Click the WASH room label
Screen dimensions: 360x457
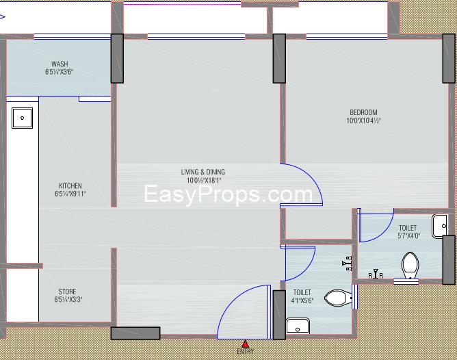60,64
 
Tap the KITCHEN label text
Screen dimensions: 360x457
70,185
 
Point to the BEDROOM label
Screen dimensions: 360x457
363,112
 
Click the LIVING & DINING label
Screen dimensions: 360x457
203,172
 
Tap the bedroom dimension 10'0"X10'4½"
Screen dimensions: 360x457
363,120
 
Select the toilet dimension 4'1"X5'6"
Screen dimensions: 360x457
302,299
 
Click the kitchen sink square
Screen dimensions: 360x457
23,118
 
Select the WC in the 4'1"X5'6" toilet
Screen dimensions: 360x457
336,298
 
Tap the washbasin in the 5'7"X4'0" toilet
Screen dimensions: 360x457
440,224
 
